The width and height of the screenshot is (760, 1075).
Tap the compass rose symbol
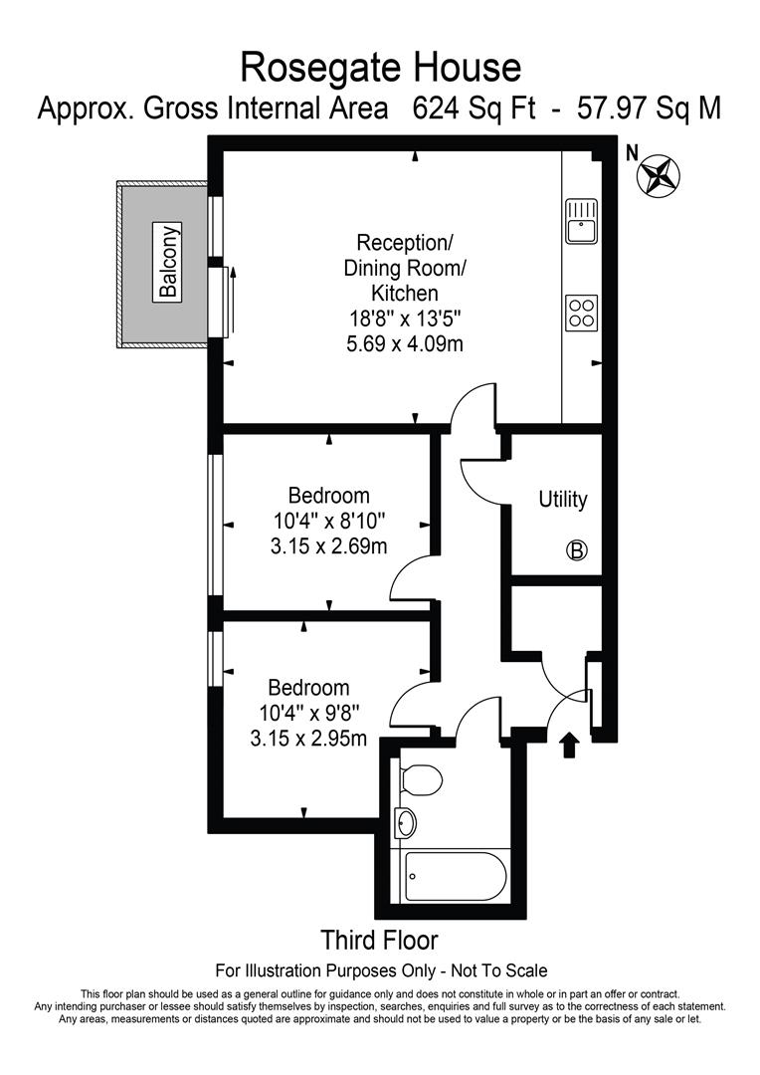tap(657, 176)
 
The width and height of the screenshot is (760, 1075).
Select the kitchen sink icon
tap(581, 221)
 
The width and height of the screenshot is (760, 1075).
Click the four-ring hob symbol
tap(582, 312)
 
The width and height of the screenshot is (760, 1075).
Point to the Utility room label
tap(563, 500)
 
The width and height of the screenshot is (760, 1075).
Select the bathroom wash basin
tap(407, 822)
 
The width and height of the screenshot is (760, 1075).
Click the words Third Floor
tap(379, 940)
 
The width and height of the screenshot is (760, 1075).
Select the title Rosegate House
tap(381, 68)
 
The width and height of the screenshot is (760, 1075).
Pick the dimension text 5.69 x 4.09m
tap(404, 344)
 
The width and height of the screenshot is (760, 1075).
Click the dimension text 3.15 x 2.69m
tap(328, 545)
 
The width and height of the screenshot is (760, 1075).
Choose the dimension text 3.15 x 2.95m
tap(308, 739)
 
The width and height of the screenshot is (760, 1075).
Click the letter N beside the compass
tap(631, 153)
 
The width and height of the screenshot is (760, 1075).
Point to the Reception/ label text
tap(404, 242)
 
